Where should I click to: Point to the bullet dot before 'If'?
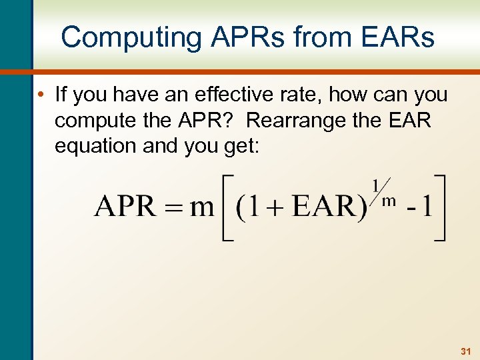point(42,95)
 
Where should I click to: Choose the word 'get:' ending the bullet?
point(243,146)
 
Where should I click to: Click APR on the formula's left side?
point(125,207)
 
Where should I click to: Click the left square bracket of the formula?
point(226,207)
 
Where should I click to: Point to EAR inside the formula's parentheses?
point(325,207)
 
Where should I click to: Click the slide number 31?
point(465,350)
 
